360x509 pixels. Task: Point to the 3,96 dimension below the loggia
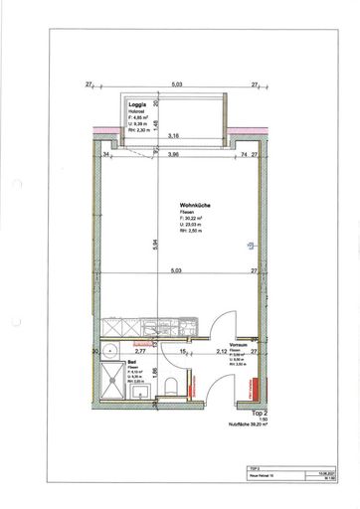point(173,155)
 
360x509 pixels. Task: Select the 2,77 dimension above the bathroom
point(140,351)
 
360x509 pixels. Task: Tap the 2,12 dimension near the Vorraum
point(217,351)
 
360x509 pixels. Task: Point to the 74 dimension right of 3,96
point(242,155)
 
